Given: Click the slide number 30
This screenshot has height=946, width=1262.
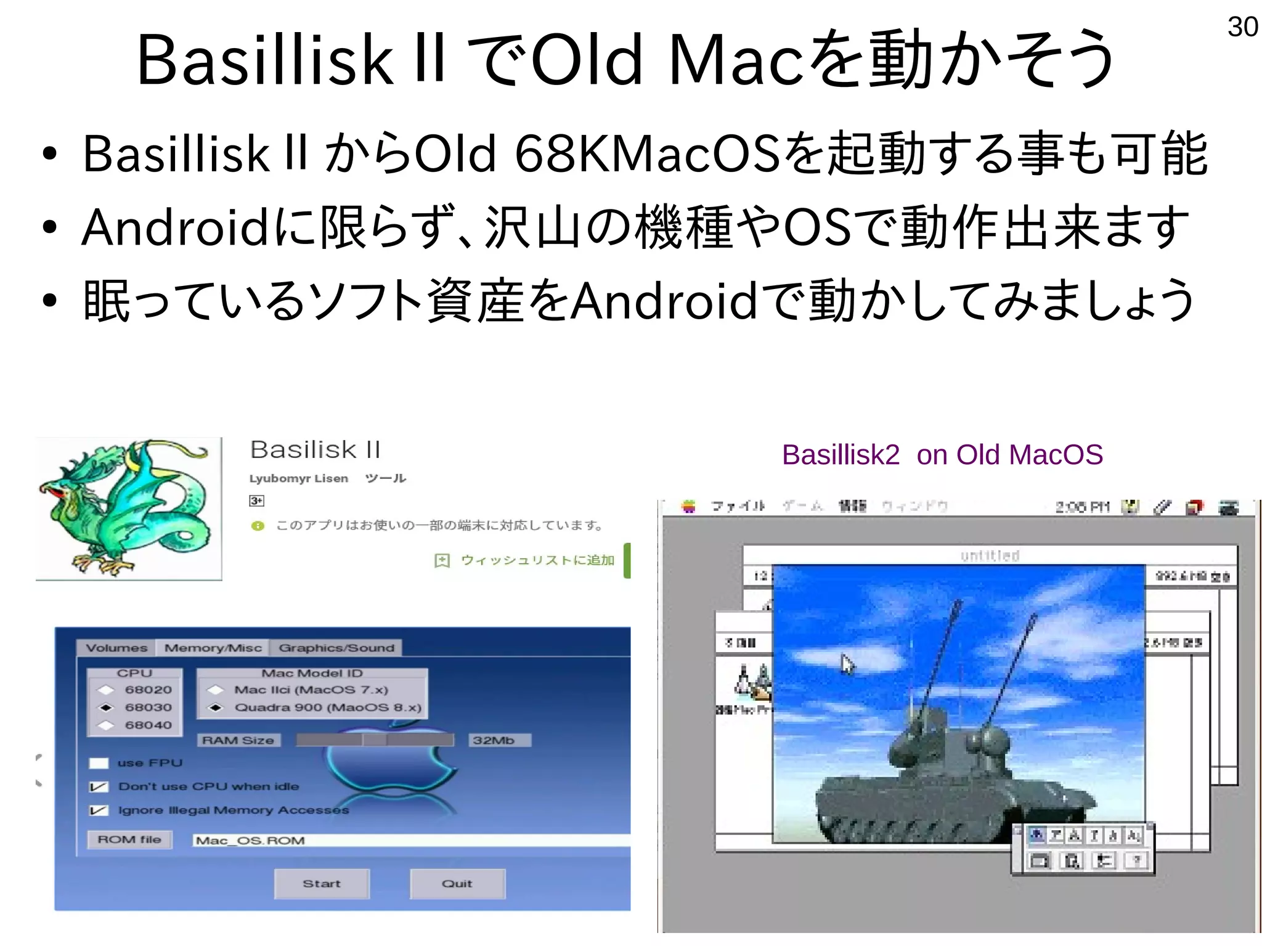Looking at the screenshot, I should click(x=1242, y=27).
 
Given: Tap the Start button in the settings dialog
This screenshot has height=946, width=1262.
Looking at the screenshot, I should click(x=322, y=884).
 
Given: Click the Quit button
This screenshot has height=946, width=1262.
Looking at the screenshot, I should click(x=457, y=884).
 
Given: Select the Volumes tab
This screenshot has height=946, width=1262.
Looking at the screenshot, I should click(x=116, y=648).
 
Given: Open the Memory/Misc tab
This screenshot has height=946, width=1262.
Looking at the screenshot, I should click(x=213, y=648).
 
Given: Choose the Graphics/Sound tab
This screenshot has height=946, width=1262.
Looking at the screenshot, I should click(x=336, y=648).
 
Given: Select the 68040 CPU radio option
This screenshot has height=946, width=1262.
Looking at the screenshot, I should click(x=106, y=725).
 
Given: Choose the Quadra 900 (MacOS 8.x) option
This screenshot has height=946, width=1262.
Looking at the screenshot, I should click(x=215, y=707).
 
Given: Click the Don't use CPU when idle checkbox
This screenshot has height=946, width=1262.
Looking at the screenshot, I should click(x=99, y=787).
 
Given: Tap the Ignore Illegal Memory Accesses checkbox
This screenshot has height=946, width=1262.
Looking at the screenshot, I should click(x=99, y=810).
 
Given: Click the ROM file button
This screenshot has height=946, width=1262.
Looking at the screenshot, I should click(x=129, y=840).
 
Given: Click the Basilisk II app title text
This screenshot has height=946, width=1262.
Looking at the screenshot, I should click(x=315, y=450).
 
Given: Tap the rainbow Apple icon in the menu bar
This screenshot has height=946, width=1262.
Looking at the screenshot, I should click(x=689, y=507).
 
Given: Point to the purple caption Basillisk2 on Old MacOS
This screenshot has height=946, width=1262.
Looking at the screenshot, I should click(x=942, y=455).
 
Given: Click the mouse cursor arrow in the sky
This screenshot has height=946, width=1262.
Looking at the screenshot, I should click(x=847, y=664).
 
